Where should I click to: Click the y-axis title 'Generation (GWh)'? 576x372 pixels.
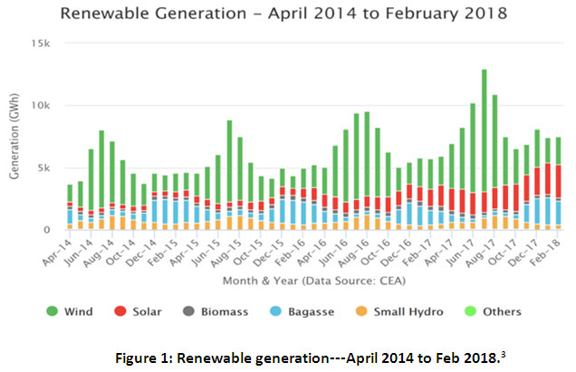click(15, 136)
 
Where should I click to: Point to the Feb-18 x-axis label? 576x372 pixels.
click(538, 247)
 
